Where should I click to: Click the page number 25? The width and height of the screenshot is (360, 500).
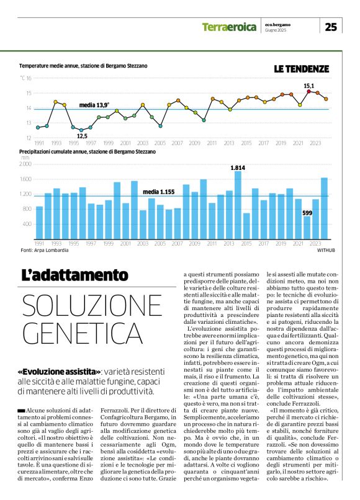click(331, 27)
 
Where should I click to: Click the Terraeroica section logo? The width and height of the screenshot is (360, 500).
click(228, 27)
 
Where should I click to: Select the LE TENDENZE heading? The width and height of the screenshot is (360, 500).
click(302, 69)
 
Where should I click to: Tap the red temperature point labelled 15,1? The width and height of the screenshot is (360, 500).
click(308, 91)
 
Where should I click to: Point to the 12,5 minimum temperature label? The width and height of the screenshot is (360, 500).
click(82, 136)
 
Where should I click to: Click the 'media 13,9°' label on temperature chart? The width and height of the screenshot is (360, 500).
click(94, 105)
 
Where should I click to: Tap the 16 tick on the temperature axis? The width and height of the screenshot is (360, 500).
click(29, 78)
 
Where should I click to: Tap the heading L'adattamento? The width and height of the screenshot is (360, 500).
click(74, 275)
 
